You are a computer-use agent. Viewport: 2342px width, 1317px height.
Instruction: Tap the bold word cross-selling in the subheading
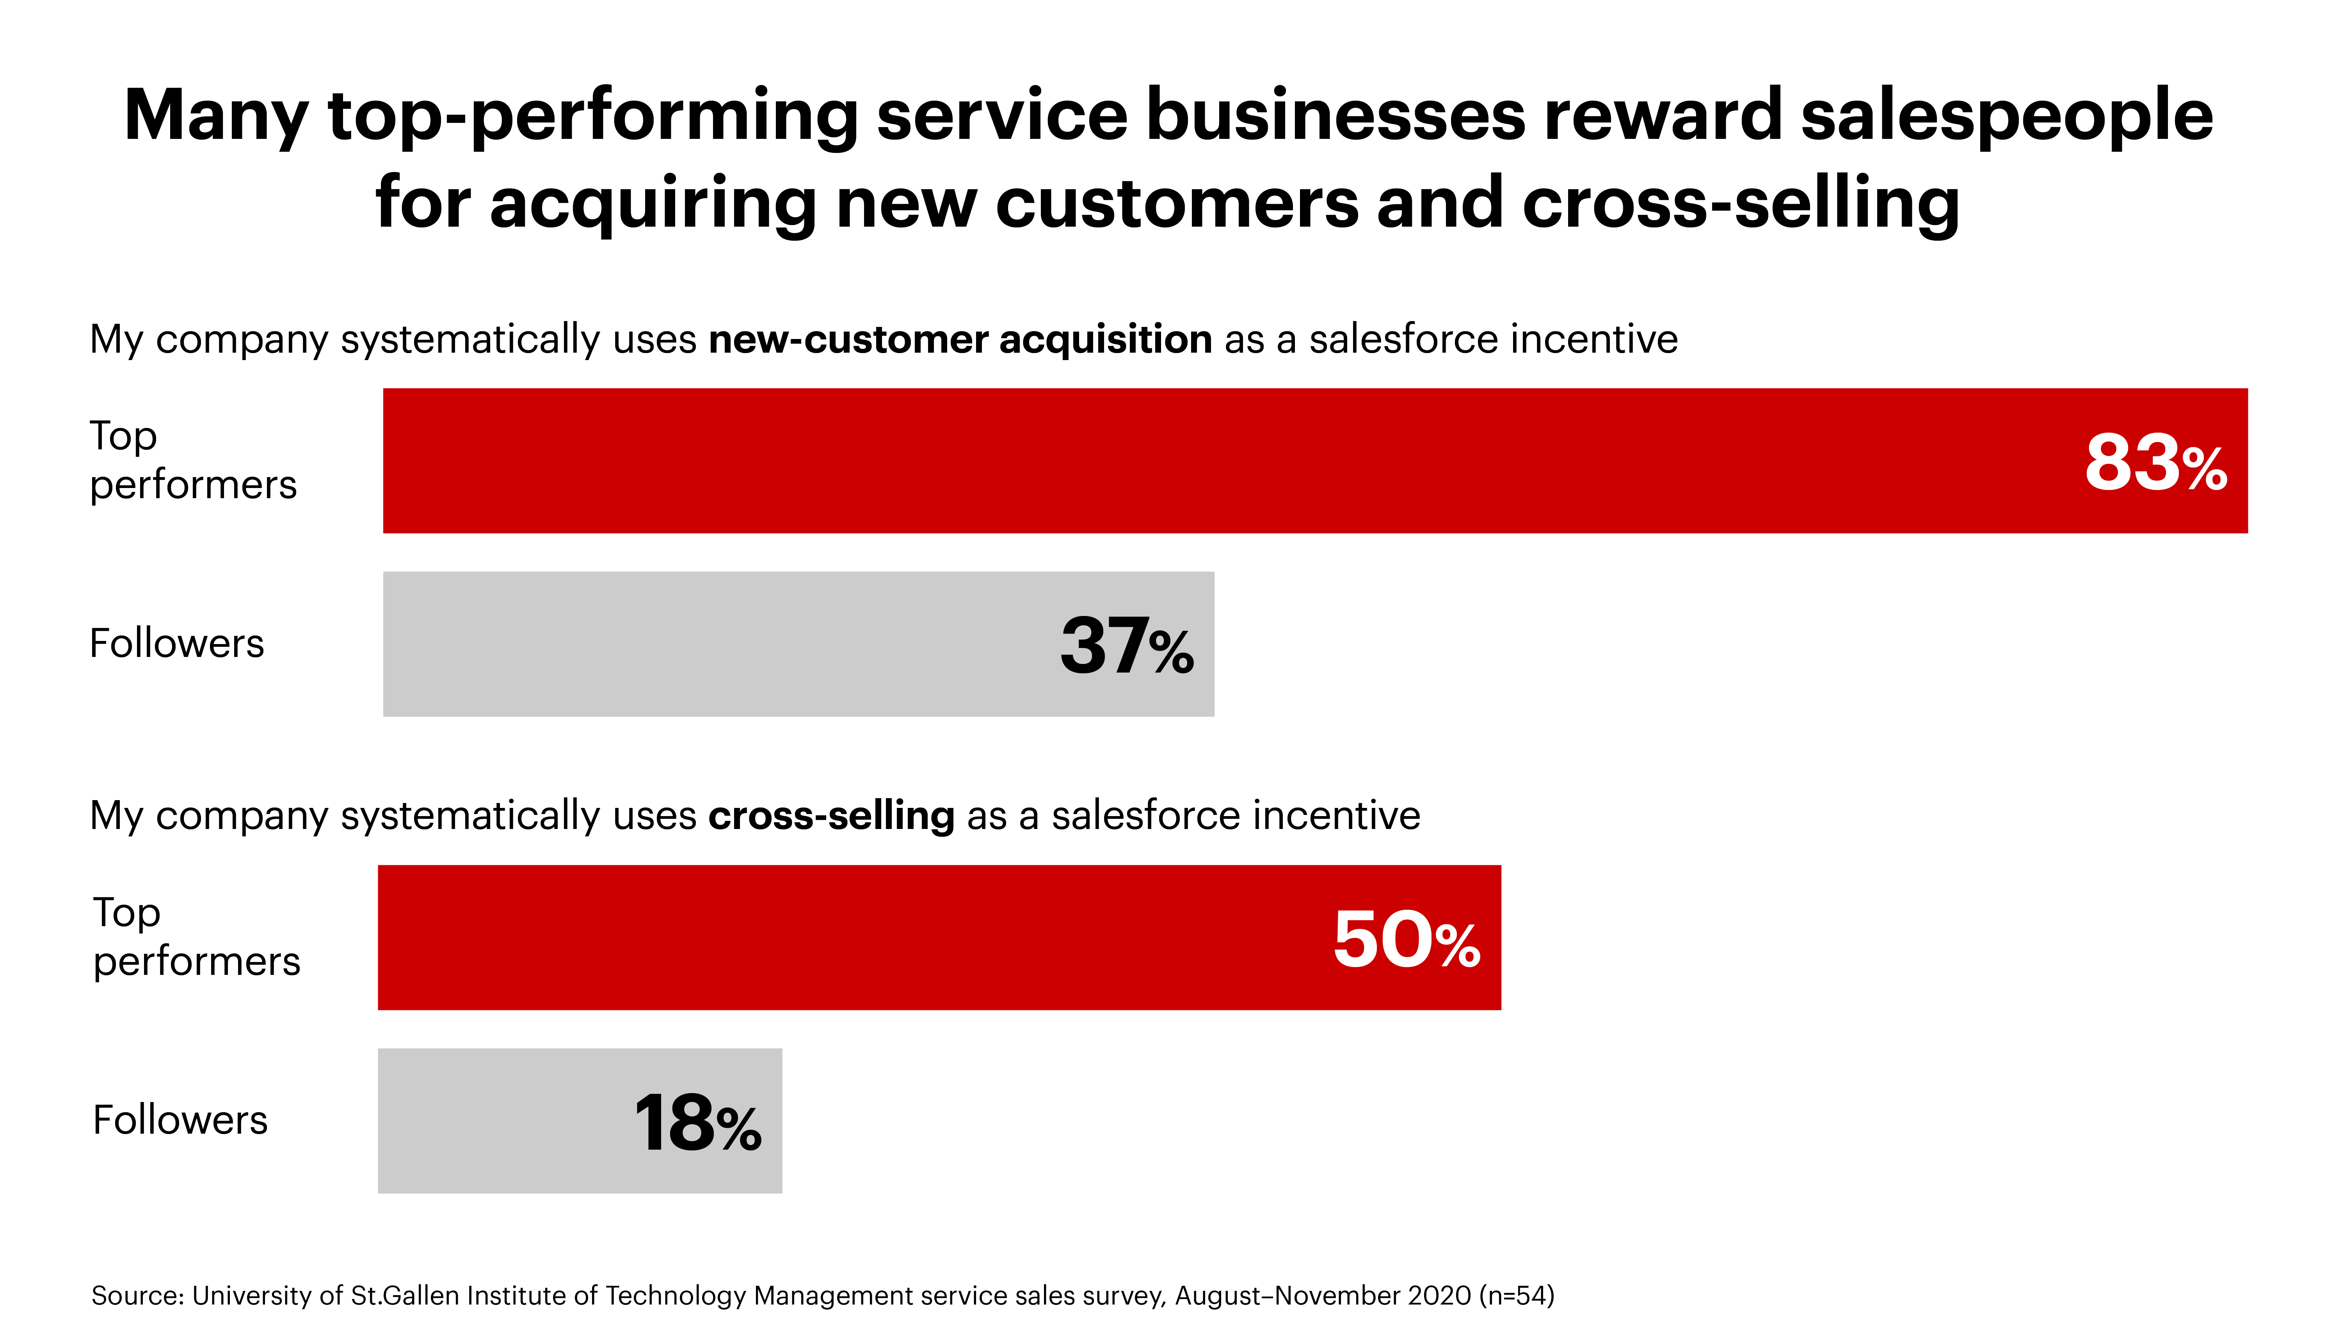(831, 815)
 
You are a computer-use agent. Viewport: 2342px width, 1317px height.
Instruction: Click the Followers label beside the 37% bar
(176, 644)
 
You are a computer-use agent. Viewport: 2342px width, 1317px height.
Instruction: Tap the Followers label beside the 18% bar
(180, 1120)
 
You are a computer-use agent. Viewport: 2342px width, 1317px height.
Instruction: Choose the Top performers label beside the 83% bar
(193, 460)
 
